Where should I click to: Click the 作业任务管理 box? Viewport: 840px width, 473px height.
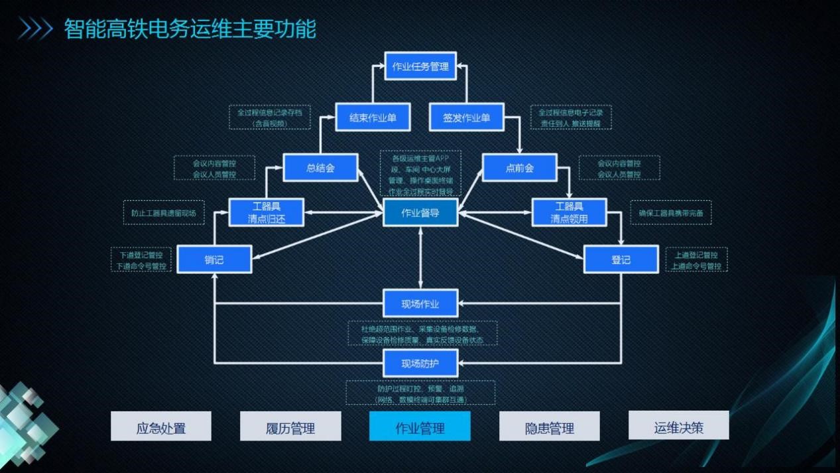click(420, 66)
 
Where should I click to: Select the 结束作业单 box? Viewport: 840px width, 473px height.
click(373, 117)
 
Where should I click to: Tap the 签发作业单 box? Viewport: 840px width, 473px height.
click(466, 117)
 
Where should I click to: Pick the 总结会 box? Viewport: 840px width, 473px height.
click(320, 168)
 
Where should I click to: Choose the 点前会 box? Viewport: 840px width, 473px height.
click(519, 168)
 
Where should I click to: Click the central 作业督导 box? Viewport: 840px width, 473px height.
click(420, 213)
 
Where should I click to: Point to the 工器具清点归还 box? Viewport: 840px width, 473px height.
click(267, 212)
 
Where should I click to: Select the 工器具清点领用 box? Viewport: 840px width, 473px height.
click(569, 212)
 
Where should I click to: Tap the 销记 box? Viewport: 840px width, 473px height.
click(214, 259)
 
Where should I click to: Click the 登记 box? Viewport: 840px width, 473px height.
click(621, 259)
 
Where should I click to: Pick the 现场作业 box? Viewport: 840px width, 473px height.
click(420, 304)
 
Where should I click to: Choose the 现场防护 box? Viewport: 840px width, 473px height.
click(420, 363)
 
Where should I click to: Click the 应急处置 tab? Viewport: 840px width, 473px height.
click(160, 427)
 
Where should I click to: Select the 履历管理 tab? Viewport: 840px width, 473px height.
click(290, 427)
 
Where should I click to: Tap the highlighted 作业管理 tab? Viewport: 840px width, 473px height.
click(420, 427)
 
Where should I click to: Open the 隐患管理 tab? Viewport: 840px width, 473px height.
click(549, 427)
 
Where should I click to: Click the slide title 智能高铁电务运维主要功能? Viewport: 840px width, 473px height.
click(190, 29)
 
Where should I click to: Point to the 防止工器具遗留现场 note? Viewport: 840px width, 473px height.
click(163, 213)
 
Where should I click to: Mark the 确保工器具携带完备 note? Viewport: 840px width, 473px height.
click(670, 213)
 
